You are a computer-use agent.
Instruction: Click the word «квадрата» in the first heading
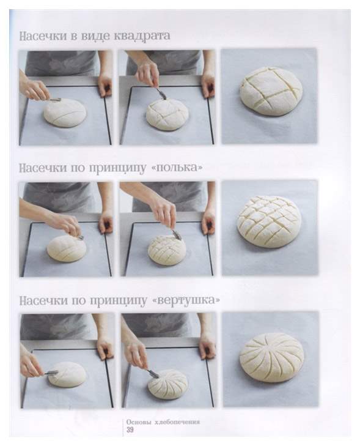click(142, 36)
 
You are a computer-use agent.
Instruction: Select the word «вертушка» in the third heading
click(186, 300)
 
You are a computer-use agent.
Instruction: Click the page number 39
click(130, 429)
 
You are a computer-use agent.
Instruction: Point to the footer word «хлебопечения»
click(177, 422)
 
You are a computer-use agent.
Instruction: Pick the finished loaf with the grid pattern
click(269, 222)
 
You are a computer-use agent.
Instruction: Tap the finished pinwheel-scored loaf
click(271, 357)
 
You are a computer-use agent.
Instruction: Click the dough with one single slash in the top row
click(65, 113)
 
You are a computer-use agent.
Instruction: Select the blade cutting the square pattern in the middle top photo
click(161, 94)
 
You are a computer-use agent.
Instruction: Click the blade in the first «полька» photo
click(79, 236)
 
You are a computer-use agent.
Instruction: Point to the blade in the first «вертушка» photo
click(51, 373)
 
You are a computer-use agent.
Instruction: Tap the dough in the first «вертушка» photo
click(67, 374)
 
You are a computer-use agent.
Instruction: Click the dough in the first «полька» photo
click(66, 248)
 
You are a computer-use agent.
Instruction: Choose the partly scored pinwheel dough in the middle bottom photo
click(167, 384)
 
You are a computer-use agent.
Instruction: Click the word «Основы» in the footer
click(138, 422)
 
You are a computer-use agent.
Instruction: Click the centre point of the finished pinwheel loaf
click(269, 347)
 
